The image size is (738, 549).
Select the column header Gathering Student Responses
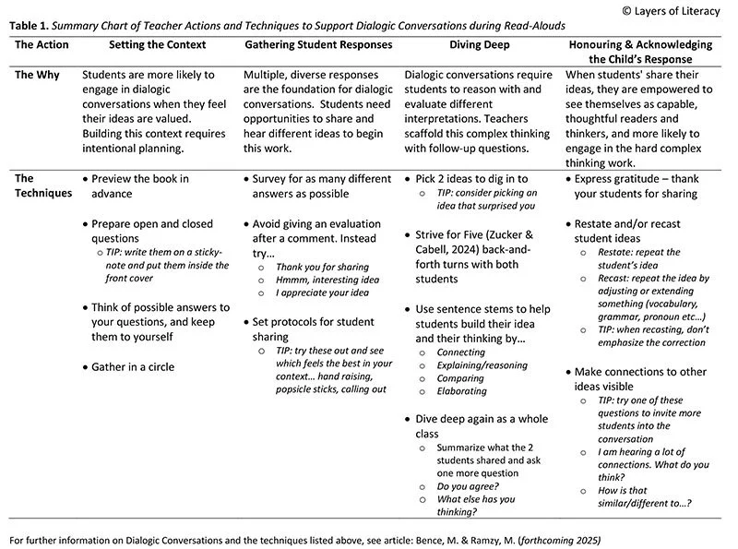tap(318, 44)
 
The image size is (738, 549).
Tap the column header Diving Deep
tap(481, 44)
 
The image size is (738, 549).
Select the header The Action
tap(42, 44)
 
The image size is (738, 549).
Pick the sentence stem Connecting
tap(461, 352)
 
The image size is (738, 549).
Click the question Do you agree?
tap(468, 485)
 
